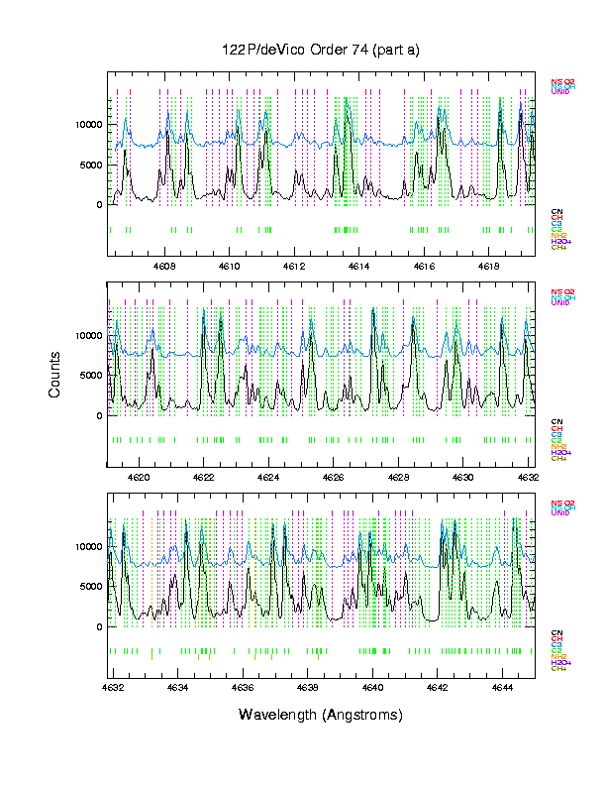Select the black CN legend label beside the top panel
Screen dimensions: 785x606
(x=556, y=211)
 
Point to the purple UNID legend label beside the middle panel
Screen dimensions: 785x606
(x=560, y=302)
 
